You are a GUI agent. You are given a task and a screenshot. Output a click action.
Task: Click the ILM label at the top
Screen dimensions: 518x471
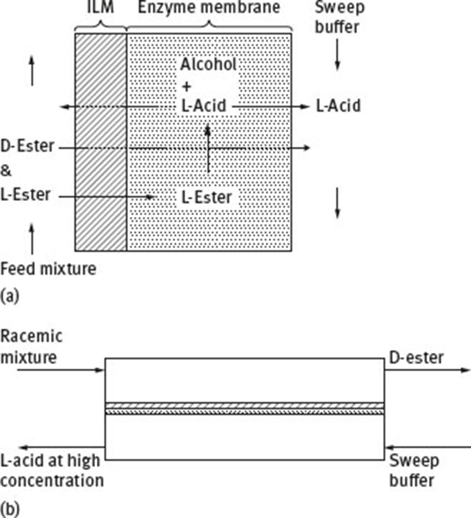pyautogui.click(x=100, y=8)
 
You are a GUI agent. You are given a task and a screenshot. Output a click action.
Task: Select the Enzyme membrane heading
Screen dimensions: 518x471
pyautogui.click(x=209, y=8)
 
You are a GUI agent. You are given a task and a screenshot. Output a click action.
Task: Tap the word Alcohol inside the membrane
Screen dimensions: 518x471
pyautogui.click(x=208, y=64)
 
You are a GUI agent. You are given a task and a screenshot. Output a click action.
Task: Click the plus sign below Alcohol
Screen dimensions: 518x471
pyautogui.click(x=187, y=87)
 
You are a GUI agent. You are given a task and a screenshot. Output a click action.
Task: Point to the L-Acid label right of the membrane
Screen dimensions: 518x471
pyautogui.click(x=338, y=106)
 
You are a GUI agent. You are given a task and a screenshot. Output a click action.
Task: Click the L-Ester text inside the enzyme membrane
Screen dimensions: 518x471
pyautogui.click(x=206, y=197)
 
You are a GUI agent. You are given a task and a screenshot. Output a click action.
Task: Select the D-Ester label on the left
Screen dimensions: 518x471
pyautogui.click(x=27, y=146)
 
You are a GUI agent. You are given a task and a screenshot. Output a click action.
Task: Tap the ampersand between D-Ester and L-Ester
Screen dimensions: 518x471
pyautogui.click(x=6, y=171)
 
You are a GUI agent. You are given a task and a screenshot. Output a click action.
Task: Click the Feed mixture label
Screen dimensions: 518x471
pyautogui.click(x=48, y=269)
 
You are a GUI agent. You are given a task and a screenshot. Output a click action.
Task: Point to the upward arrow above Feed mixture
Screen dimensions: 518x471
pyautogui.click(x=32, y=239)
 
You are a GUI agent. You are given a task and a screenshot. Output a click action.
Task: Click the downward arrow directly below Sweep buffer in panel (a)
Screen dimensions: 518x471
pyautogui.click(x=338, y=55)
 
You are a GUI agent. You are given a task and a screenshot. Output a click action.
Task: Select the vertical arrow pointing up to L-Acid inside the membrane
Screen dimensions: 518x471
pyautogui.click(x=208, y=149)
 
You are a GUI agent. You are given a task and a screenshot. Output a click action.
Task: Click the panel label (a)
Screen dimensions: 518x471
pyautogui.click(x=9, y=296)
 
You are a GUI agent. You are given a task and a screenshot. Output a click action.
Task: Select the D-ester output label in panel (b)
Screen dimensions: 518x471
pyautogui.click(x=416, y=358)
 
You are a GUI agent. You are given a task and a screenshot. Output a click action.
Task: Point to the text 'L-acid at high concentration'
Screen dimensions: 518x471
pyautogui.click(x=52, y=471)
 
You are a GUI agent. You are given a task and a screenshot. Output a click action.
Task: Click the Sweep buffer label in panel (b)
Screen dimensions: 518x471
pyautogui.click(x=413, y=471)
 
